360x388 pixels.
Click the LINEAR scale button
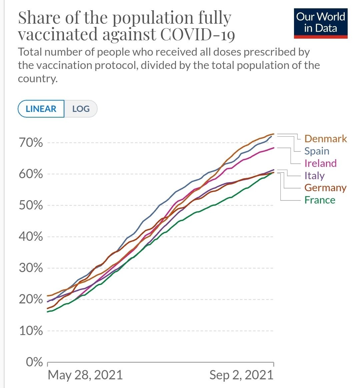[x=41, y=109]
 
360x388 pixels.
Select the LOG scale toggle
[x=81, y=109]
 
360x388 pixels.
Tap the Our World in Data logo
[x=320, y=23]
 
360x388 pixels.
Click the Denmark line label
[x=325, y=139]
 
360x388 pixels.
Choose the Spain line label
[x=317, y=151]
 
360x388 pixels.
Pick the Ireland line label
[x=320, y=163]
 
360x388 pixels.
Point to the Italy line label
[x=314, y=176]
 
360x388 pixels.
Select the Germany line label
[x=325, y=188]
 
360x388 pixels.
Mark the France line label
[x=320, y=200]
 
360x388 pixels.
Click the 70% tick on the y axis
[x=31, y=143]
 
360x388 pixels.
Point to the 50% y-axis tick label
[x=31, y=205]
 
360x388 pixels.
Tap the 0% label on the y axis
[x=35, y=362]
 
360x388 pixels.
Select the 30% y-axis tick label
[x=31, y=268]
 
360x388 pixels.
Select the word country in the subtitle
[x=36, y=79]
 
